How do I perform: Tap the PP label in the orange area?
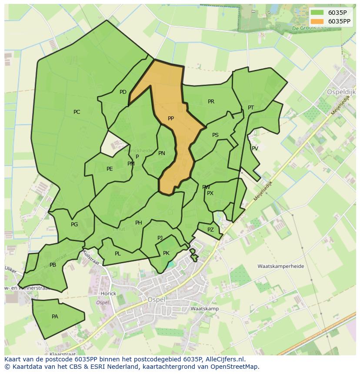(x=171, y=119)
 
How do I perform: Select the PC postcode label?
(x=77, y=112)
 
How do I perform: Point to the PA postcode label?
(x=55, y=317)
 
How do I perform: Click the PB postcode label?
(x=53, y=265)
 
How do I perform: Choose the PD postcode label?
(x=123, y=92)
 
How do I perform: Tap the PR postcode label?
(x=211, y=102)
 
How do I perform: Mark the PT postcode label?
(x=251, y=108)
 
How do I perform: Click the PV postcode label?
(x=255, y=149)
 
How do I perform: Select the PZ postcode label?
(x=210, y=230)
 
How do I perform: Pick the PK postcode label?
(x=166, y=253)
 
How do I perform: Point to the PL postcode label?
(x=118, y=254)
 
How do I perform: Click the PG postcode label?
(x=74, y=225)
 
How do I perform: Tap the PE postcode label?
(x=110, y=169)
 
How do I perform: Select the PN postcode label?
(x=162, y=153)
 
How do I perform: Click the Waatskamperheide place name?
(x=280, y=266)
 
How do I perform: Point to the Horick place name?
(x=108, y=293)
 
